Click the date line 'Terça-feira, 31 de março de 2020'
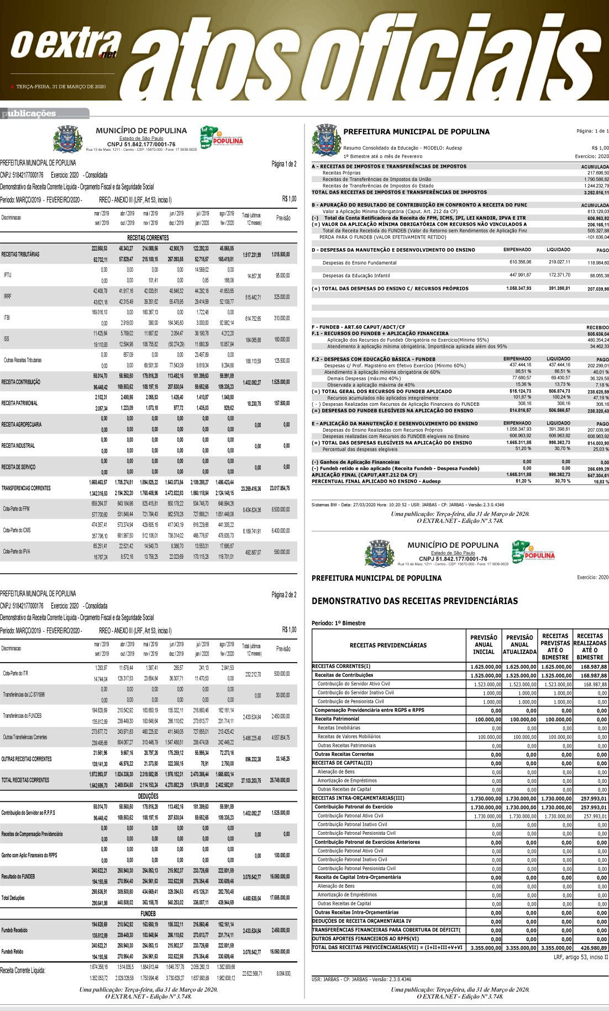click(x=61, y=87)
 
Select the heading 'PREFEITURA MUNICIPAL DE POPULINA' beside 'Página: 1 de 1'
click(x=416, y=132)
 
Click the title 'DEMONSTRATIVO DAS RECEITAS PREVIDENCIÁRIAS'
click(x=414, y=601)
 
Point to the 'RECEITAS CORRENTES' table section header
click(x=148, y=237)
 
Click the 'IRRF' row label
click(x=8, y=297)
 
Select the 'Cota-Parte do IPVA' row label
click(x=17, y=552)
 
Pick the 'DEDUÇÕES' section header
click(x=148, y=796)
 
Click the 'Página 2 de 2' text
click(x=283, y=595)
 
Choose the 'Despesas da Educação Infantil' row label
click(x=356, y=276)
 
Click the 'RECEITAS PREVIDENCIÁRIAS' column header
click(x=388, y=645)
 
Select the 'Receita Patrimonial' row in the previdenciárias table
click(x=337, y=719)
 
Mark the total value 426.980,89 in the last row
click(x=591, y=948)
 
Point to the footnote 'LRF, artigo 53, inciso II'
click(x=581, y=957)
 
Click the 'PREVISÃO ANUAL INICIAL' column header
click(x=484, y=645)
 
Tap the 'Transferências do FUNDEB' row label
click(x=22, y=716)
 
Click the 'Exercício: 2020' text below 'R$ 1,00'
click(x=591, y=156)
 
